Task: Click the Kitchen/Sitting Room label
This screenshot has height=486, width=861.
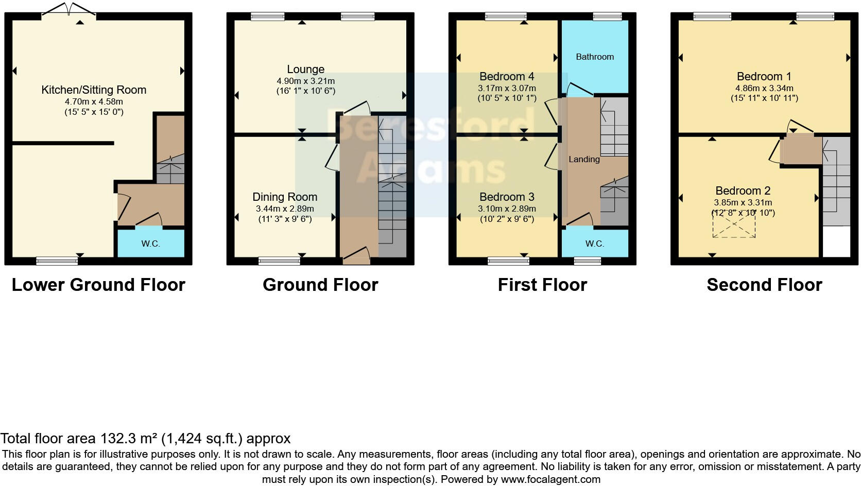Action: [94, 90]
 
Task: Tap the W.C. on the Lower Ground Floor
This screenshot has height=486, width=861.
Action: [150, 244]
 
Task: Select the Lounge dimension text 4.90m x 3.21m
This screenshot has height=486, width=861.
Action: [305, 81]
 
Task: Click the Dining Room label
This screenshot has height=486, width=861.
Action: [284, 197]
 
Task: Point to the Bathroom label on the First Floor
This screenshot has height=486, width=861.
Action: [594, 57]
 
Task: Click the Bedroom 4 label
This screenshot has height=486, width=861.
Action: [506, 77]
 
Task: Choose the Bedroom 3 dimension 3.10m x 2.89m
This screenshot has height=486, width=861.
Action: [507, 209]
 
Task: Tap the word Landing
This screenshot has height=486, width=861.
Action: [583, 160]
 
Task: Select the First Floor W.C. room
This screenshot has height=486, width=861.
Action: [594, 244]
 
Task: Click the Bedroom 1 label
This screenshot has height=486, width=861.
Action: [764, 77]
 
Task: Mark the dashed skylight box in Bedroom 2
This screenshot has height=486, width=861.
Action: [733, 225]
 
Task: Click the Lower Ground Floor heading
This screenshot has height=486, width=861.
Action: [98, 285]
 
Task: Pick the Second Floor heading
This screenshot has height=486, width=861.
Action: [764, 285]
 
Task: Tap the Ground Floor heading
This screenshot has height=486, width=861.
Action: [320, 285]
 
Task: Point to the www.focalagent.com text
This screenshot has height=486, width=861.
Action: [550, 479]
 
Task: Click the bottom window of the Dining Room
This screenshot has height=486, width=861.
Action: [279, 261]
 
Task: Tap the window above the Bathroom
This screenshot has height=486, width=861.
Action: [607, 16]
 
